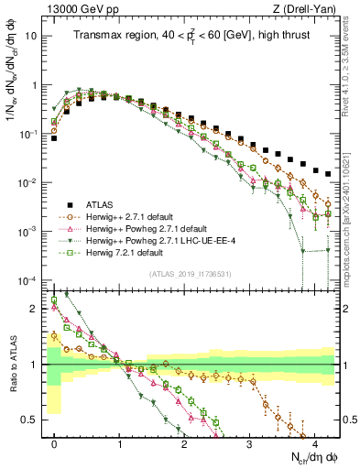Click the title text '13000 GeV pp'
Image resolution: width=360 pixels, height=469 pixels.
[x=77, y=8]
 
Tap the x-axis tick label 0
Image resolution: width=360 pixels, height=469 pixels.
[x=55, y=442]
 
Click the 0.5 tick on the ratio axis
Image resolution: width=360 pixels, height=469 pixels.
[x=31, y=420]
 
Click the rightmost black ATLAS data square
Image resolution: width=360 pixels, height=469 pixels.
[x=328, y=173]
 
